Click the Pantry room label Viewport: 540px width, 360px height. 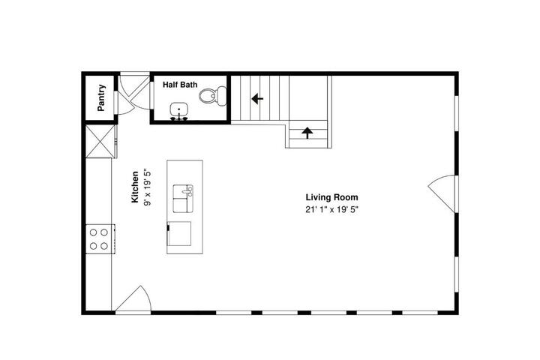tap(101, 97)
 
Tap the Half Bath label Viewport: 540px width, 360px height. tap(180, 85)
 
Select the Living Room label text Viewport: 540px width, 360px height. tap(331, 197)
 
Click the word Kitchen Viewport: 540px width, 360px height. tap(135, 187)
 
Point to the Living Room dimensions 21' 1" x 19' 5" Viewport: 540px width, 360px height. tap(331, 209)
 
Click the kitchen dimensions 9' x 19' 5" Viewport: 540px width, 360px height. tap(148, 187)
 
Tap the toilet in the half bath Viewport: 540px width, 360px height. tap(212, 96)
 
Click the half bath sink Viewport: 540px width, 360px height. tap(178, 111)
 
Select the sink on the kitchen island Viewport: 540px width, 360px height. tap(183, 199)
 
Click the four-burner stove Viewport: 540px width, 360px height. tap(100, 238)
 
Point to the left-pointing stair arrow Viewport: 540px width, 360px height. tap(257, 99)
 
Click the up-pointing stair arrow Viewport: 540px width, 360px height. tap(307, 133)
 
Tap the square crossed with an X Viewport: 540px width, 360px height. tap(100, 142)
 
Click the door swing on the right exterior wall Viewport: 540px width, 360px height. tap(442, 193)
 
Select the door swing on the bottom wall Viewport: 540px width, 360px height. tap(133, 299)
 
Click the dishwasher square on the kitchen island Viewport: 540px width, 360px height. tap(179, 233)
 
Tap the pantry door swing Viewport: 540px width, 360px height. tap(126, 103)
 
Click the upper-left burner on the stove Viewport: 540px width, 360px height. tap(93, 232)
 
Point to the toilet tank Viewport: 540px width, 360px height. tap(221, 96)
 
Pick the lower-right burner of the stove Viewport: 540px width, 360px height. tap(104, 246)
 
